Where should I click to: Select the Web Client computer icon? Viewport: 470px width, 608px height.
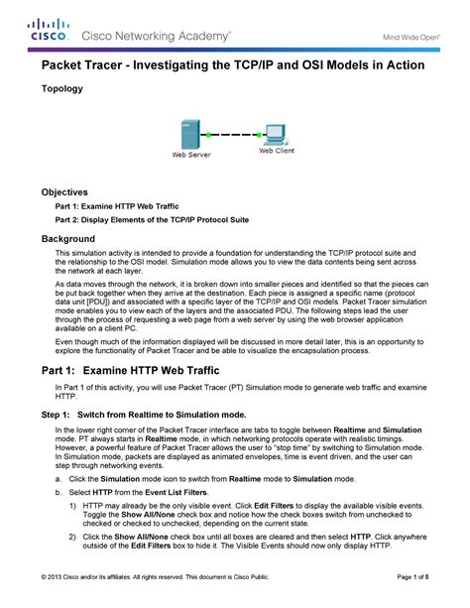click(x=276, y=135)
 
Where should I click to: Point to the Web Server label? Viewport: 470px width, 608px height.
click(x=191, y=156)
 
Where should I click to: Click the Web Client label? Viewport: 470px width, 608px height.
click(x=278, y=152)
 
